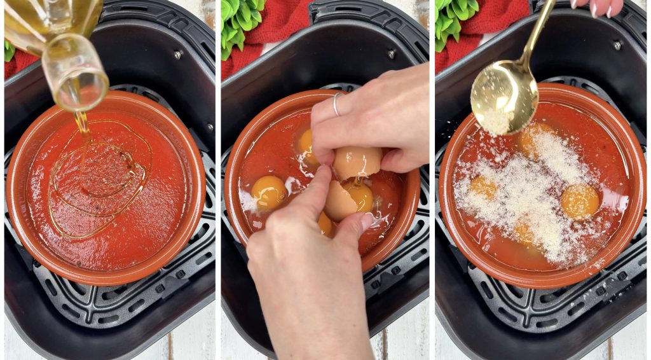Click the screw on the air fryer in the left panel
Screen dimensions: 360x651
178,55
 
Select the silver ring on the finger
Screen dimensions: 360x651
336,104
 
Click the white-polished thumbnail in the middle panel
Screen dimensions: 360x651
367,221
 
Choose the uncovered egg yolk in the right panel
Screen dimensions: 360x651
579,201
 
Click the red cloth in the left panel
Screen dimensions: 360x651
19,64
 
